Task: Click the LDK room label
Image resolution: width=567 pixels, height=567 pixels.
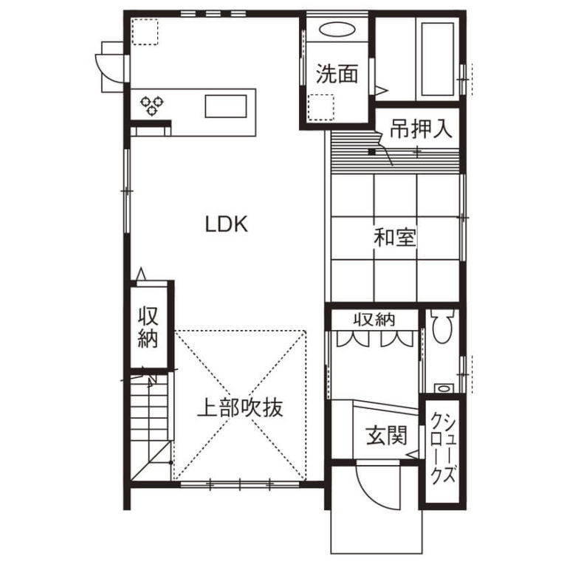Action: (x=227, y=224)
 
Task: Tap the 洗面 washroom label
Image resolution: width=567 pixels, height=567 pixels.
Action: (x=337, y=74)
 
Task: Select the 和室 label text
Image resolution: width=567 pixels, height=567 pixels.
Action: (x=395, y=237)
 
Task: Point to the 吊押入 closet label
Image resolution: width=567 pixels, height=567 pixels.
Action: (x=421, y=128)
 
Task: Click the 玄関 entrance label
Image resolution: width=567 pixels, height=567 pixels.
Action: (x=387, y=435)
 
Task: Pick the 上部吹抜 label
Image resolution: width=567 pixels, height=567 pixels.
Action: (x=240, y=408)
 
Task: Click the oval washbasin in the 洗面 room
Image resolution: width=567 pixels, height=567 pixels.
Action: (x=337, y=30)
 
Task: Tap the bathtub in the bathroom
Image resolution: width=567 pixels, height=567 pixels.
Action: (x=438, y=59)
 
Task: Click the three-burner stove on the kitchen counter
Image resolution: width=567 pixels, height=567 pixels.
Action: (x=152, y=106)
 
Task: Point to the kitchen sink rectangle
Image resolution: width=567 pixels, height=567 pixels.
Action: (x=226, y=106)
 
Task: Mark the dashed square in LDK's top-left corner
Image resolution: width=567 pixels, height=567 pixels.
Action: (x=145, y=32)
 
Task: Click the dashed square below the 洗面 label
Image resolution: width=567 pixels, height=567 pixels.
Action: (x=320, y=108)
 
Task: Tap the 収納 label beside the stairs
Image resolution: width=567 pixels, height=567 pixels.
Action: (x=148, y=327)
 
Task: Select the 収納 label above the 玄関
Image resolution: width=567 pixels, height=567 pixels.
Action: (x=374, y=319)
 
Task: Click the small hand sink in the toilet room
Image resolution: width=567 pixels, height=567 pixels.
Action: (x=444, y=389)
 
